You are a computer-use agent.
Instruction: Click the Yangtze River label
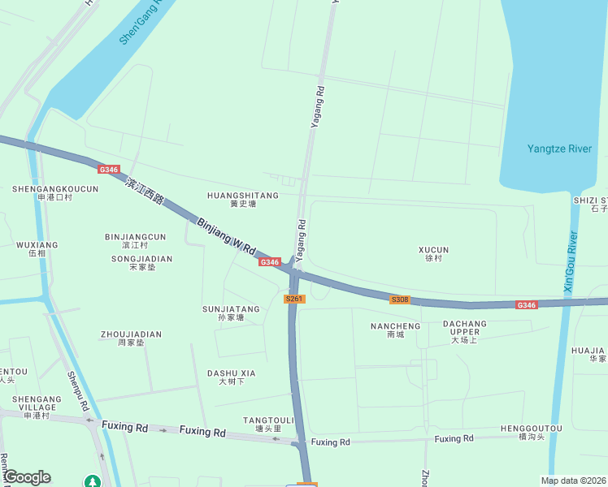(x=559, y=149)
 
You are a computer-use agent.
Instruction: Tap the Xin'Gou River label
(x=570, y=262)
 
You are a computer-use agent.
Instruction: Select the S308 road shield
(x=399, y=300)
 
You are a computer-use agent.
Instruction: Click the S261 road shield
(x=294, y=300)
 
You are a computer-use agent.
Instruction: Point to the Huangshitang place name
(x=242, y=199)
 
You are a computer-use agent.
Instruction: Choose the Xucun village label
(x=433, y=253)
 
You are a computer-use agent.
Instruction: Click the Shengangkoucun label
(x=55, y=192)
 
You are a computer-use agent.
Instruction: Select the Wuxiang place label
(x=37, y=248)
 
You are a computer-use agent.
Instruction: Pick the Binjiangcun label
(x=135, y=240)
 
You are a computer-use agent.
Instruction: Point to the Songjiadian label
(x=141, y=262)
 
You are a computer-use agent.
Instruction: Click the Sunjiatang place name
(x=231, y=312)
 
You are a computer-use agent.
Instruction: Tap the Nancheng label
(x=395, y=330)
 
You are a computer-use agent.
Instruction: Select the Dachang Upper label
(x=465, y=331)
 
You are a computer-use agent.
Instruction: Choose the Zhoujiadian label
(x=131, y=338)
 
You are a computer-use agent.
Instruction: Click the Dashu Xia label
(x=231, y=377)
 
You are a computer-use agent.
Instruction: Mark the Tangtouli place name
(x=268, y=424)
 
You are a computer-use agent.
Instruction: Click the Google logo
(x=26, y=477)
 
